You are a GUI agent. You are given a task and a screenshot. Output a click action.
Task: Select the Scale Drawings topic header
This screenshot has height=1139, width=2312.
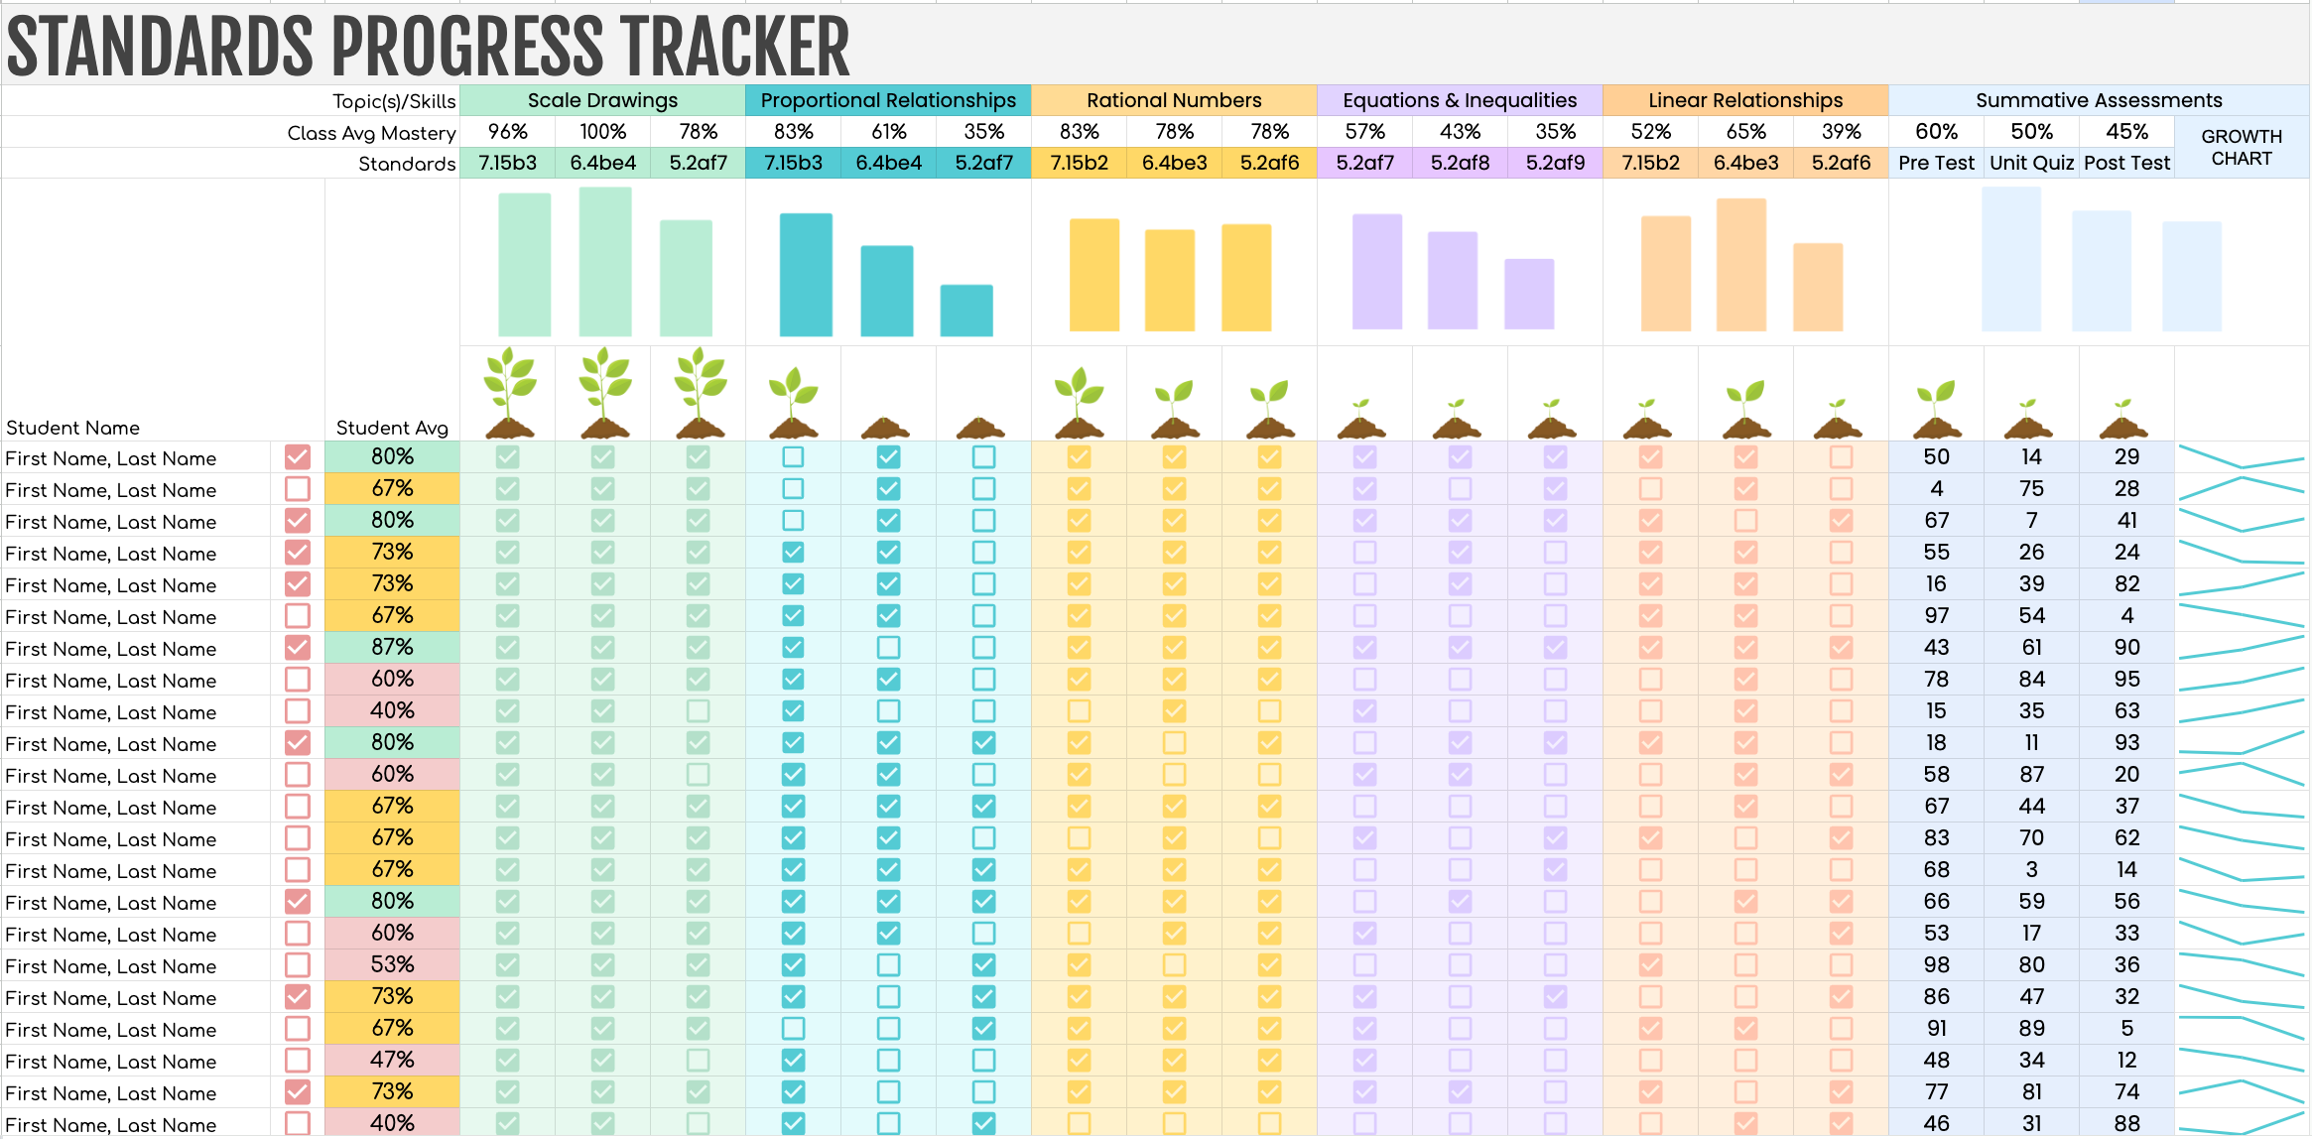pos(602,100)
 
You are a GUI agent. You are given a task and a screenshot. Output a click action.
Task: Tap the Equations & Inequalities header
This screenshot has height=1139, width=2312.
pos(1459,100)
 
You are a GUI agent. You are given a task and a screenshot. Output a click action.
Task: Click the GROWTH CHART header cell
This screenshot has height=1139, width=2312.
pos(2241,148)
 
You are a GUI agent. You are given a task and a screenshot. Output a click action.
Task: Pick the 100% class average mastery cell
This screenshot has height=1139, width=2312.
pos(602,132)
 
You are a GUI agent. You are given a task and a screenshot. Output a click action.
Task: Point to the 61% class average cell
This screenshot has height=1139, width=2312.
pos(888,132)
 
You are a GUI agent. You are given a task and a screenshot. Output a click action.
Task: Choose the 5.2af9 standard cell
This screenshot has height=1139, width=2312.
pos(1555,163)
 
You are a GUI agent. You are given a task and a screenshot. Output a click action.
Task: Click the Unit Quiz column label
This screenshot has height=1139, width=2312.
pos(2031,163)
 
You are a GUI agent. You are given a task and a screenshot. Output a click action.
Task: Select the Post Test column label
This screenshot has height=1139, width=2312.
pos(2126,163)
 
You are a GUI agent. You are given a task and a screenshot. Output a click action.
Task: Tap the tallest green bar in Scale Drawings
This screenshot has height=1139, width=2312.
pos(605,262)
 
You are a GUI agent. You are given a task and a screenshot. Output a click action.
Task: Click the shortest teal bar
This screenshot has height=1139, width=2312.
pos(966,311)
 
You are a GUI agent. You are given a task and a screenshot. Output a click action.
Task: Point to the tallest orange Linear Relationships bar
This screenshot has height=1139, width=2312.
pos(1741,265)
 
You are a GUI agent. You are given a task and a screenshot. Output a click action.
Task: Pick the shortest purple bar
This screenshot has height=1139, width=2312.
pos(1529,294)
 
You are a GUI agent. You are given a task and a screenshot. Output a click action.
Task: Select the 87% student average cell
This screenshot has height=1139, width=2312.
pos(392,647)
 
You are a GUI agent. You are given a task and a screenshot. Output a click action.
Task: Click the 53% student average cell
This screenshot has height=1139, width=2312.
pos(392,964)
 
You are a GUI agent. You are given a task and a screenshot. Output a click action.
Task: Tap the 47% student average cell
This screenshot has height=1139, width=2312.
pos(392,1060)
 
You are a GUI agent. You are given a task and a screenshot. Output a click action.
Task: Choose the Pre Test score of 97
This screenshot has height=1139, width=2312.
pos(1936,615)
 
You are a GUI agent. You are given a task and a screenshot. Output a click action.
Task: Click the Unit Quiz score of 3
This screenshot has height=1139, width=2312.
pos(2031,869)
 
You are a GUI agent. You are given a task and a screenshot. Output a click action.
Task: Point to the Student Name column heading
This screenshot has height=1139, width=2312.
pos(72,428)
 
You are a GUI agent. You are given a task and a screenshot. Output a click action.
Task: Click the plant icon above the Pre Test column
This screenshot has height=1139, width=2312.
pos(1936,409)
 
